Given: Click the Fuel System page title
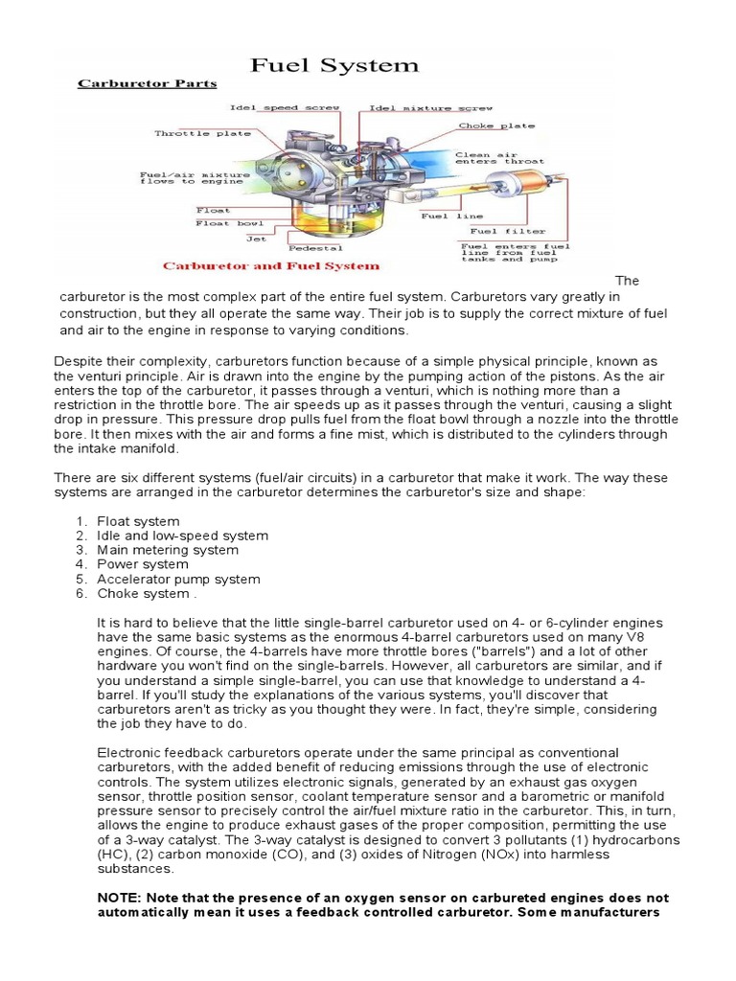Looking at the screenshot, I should [334, 66].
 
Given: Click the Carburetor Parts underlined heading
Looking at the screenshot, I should [146, 84].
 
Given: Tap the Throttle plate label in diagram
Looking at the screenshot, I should [190, 133].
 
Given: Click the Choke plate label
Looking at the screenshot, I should [496, 125].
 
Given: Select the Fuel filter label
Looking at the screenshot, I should [507, 231].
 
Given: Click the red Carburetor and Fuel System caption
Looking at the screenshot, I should [270, 265].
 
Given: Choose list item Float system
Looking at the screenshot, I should [138, 521].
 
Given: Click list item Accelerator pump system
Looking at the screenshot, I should [178, 579].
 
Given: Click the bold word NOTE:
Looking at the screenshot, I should [122, 898].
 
